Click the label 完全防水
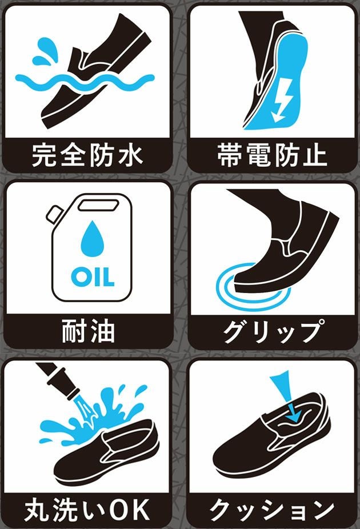pos(87,155)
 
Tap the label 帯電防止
pos(272,155)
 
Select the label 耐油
pos(89,331)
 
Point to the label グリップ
pos(272,331)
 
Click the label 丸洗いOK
pos(87,510)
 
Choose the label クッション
pos(272,510)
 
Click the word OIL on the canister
pos(93,277)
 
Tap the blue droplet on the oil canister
pos(93,238)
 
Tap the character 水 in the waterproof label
pos(130,155)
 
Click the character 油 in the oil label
pos(102,331)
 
